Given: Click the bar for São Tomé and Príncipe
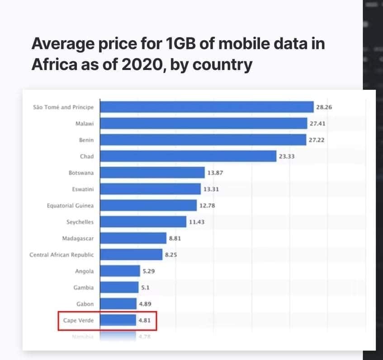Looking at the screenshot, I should pos(206,107).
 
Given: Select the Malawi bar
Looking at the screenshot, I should pos(203,123).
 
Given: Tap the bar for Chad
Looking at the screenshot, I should pos(188,156).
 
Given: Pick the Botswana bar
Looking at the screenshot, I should pos(152,173).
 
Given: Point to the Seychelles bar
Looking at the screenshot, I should pos(143,222).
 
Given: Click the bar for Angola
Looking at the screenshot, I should pos(120,271).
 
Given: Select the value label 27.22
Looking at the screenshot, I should pos(316,140).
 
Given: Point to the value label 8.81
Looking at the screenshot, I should pos(175,238).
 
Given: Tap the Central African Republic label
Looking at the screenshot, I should pos(62,255).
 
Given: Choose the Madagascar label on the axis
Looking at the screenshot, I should pos(78,238).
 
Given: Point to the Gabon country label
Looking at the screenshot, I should pos(85,304).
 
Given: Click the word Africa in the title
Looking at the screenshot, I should pos(52,65).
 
